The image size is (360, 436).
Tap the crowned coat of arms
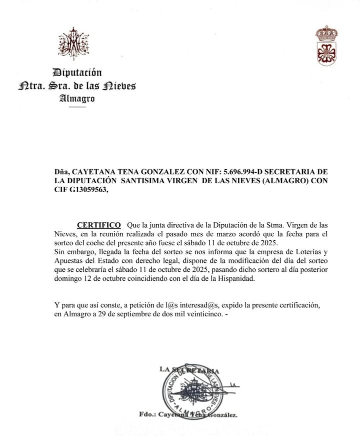point(326,46)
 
